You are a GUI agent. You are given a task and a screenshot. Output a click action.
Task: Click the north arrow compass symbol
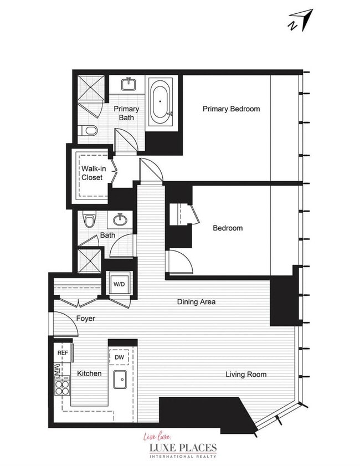[x=301, y=21]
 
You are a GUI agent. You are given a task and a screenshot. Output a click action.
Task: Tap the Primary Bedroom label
[x=231, y=109]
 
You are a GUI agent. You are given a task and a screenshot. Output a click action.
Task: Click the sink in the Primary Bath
[x=128, y=84]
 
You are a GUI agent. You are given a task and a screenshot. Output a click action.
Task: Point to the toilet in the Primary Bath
[x=89, y=130]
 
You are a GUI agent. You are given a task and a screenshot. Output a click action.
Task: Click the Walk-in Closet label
[x=94, y=173]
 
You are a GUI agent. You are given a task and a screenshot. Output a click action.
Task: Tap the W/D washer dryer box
[x=119, y=284]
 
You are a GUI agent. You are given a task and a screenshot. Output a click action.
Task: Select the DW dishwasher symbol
[x=120, y=357]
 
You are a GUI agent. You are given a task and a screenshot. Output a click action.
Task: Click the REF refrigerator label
[x=63, y=353]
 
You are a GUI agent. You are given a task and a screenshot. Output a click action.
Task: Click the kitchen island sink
[x=120, y=380]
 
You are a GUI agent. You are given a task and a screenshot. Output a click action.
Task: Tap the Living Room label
[x=246, y=375]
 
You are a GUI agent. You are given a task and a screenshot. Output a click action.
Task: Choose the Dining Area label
[x=196, y=302]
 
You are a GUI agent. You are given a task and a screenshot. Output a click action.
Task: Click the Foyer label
[x=85, y=318]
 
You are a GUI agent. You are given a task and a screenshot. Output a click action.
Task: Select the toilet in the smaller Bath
[x=89, y=219]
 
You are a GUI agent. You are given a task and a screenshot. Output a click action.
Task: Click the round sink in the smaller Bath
[x=120, y=219]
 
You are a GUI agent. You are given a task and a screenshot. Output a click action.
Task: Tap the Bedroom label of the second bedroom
[x=228, y=228]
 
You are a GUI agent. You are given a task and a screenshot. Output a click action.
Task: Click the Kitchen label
[x=89, y=373]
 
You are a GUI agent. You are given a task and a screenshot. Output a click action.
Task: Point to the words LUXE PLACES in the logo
[x=183, y=447]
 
